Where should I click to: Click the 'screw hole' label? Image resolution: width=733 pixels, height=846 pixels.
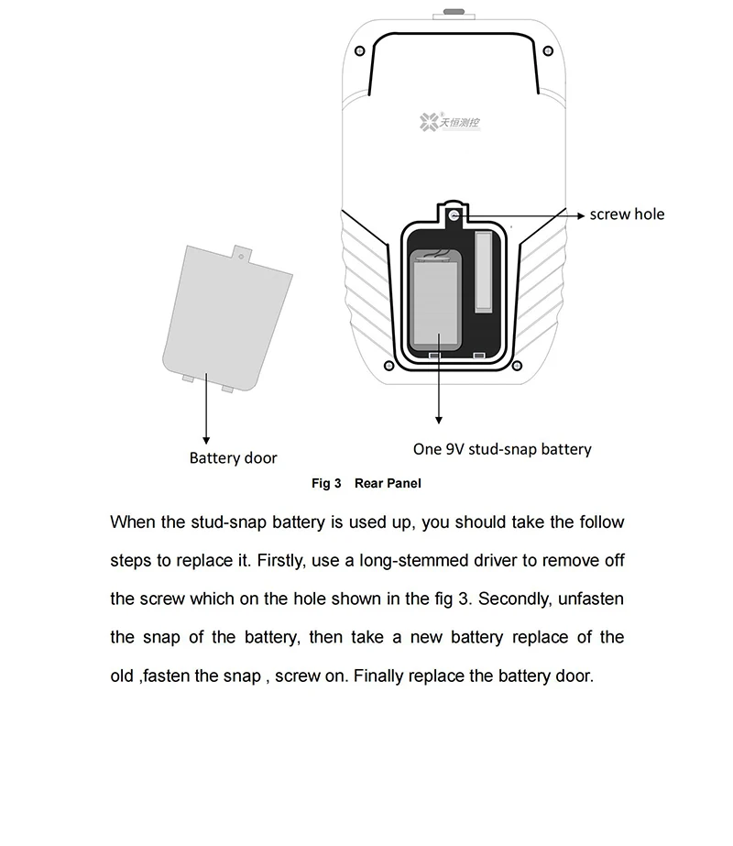(627, 214)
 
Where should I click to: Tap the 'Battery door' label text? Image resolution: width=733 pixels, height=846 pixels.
(233, 458)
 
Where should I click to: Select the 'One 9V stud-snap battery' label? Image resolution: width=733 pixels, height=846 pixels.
(502, 449)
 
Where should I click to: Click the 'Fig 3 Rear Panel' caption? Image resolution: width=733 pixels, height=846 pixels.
(366, 483)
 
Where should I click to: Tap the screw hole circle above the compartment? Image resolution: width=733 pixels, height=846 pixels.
(454, 214)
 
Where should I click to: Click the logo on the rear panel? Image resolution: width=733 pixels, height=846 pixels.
(455, 121)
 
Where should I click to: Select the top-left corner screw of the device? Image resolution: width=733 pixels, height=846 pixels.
(359, 49)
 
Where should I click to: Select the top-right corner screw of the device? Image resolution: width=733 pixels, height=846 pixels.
(548, 49)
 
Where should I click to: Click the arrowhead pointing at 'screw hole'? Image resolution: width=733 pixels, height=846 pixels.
(580, 215)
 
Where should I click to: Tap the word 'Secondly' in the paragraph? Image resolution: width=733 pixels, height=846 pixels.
(514, 599)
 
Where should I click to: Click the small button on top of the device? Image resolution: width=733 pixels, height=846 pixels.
(454, 12)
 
